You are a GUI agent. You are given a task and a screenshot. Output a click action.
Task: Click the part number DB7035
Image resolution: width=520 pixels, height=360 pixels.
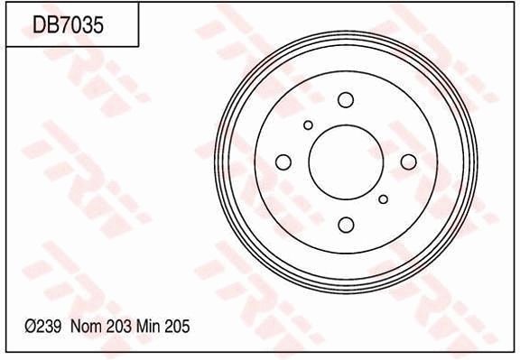pos(68,24)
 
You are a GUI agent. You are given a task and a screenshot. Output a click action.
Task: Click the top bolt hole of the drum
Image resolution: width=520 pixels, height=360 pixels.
pos(346,99)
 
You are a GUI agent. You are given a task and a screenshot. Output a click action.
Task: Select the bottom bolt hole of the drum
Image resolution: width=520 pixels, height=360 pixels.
pos(346,225)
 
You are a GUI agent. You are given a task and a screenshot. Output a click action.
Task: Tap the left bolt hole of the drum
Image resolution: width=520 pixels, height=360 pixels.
pos(283,162)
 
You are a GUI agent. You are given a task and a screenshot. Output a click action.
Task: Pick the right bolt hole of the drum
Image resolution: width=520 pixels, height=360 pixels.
pos(408,162)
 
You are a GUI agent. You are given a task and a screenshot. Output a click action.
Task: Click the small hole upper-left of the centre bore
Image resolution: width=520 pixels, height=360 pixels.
pos(308,125)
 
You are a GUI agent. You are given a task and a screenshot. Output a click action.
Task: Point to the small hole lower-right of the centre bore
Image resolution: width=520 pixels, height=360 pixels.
pos(384,199)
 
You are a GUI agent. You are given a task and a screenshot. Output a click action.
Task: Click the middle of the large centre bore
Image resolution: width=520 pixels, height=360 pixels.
pos(346,162)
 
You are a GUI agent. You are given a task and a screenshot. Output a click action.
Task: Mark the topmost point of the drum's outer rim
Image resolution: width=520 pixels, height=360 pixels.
pos(346,31)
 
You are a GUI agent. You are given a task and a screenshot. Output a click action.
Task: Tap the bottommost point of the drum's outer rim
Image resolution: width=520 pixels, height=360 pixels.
pos(346,294)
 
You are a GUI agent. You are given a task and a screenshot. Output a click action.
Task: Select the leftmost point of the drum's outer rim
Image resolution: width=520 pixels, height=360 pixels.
pos(214,162)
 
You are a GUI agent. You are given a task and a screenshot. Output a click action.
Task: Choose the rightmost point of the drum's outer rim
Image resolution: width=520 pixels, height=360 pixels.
pos(478,162)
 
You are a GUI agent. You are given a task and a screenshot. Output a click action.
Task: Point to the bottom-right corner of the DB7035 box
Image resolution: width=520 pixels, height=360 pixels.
pos(138,46)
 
